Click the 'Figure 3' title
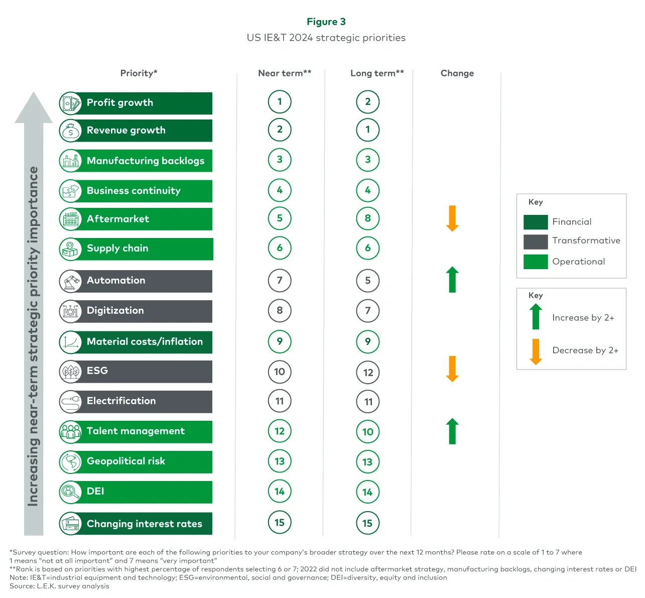[x=326, y=22]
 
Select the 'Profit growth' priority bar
[x=146, y=103]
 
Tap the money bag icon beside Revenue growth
[x=70, y=131]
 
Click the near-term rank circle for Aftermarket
[x=280, y=218]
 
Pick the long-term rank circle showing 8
[x=367, y=218]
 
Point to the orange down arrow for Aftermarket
[x=452, y=218]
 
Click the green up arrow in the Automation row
[x=452, y=279]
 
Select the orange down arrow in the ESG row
[x=452, y=369]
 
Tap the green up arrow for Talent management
[x=453, y=431]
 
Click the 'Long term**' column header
[x=376, y=73]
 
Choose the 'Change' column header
[x=457, y=73]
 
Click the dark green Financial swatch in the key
[x=535, y=222]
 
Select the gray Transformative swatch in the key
[x=535, y=242]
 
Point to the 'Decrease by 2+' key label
[x=585, y=350]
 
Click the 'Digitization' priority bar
[x=146, y=311]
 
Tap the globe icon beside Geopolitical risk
[x=70, y=462]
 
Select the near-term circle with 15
[x=280, y=523]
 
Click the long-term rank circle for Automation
[x=367, y=281]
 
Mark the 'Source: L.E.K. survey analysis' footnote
[x=59, y=586]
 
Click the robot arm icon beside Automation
[x=70, y=281]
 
